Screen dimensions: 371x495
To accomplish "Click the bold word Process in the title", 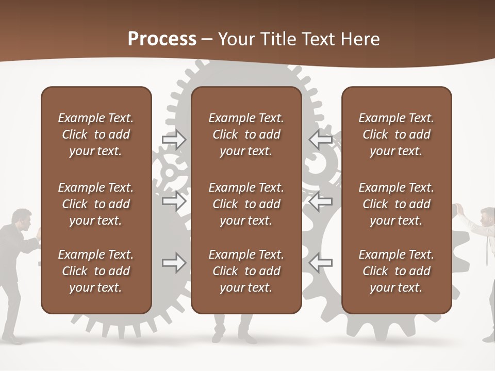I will click(x=162, y=39).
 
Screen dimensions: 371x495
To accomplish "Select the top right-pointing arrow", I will click(x=174, y=140).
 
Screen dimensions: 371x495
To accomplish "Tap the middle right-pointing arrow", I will click(x=174, y=201).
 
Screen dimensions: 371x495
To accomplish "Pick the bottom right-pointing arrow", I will click(x=174, y=263).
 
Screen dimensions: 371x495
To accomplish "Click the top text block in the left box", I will click(x=96, y=134).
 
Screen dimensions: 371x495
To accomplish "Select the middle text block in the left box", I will click(x=96, y=204).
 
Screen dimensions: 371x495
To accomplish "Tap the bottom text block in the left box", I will click(x=96, y=271).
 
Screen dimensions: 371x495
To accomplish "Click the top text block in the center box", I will click(x=246, y=134).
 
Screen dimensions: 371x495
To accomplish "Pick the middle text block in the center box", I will click(x=246, y=204).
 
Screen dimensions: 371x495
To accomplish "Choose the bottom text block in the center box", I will click(x=246, y=271).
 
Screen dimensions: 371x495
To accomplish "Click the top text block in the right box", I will click(x=396, y=134).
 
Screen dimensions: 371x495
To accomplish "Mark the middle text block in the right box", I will click(x=396, y=204).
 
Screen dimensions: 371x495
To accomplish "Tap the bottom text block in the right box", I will click(x=396, y=271).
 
